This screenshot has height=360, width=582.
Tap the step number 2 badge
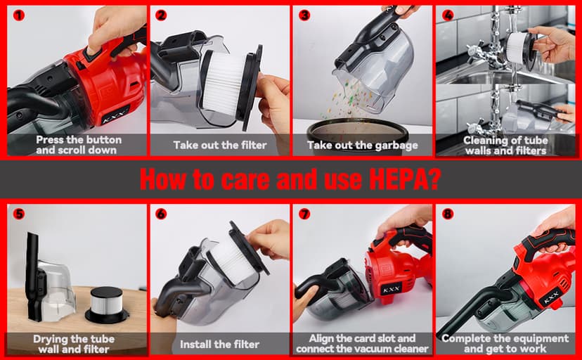click(x=161, y=15)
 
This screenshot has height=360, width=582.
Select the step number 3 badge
click(x=304, y=15)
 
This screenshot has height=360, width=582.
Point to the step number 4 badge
click(x=448, y=15)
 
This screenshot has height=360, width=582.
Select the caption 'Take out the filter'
click(x=220, y=146)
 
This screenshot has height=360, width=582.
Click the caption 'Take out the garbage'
click(x=362, y=146)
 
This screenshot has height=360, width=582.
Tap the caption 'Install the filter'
click(x=219, y=345)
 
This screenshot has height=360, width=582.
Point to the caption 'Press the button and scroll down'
click(x=79, y=145)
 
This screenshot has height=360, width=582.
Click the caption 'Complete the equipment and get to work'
click(x=505, y=344)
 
